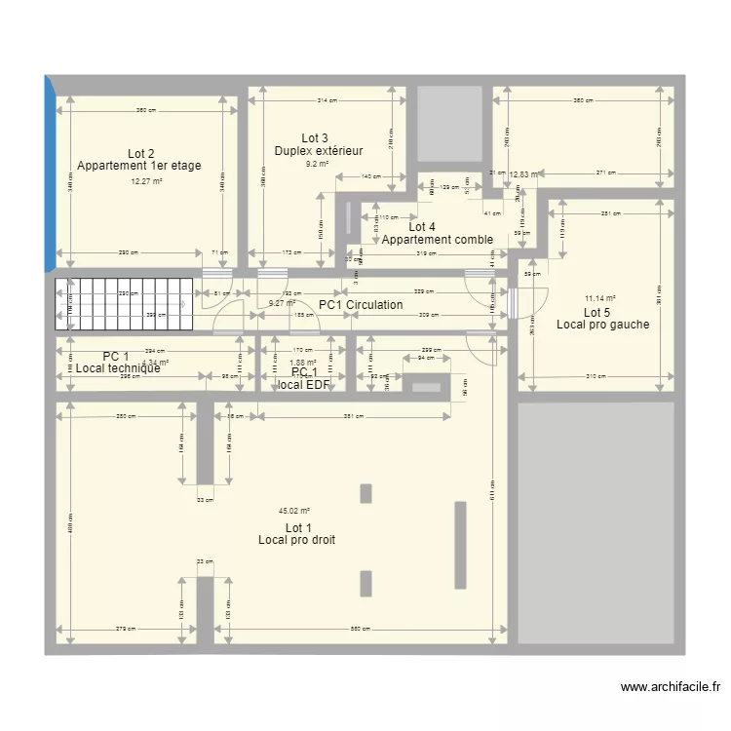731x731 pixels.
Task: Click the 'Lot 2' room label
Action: [x=141, y=153]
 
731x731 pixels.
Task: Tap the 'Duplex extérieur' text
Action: [x=319, y=151]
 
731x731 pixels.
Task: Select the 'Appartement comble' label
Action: [x=437, y=240]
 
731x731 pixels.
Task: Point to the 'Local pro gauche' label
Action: [x=602, y=325]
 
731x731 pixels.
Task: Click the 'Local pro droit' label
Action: [x=297, y=540]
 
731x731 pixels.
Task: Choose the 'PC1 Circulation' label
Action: [x=361, y=305]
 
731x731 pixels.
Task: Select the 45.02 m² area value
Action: [x=293, y=511]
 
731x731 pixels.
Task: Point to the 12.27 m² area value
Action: [x=146, y=180]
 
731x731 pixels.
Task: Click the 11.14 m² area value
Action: [x=599, y=299]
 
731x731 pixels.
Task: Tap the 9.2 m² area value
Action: [x=317, y=165]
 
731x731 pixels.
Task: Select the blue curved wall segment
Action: [x=49, y=173]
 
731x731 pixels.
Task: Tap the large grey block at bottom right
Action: [x=595, y=522]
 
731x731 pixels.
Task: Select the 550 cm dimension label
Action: [x=362, y=630]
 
